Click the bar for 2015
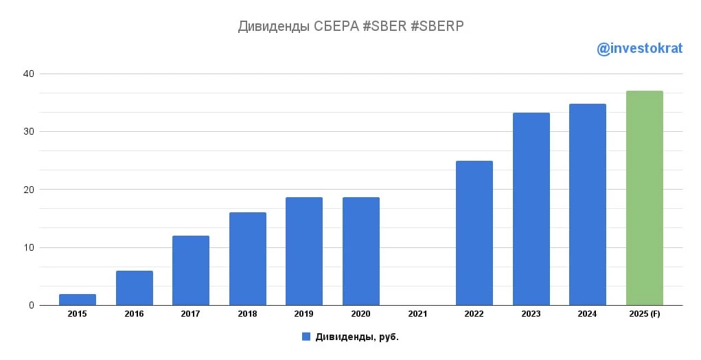[78, 300]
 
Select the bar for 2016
[135, 288]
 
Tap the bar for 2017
[191, 271]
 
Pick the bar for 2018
[248, 259]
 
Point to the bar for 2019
[304, 251]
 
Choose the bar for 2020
[361, 251]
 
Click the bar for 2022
[474, 233]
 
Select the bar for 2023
[531, 209]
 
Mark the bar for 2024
[588, 205]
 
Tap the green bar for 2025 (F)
[645, 198]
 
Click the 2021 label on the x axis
[417, 314]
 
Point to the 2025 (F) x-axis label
[645, 314]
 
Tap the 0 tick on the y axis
[31, 305]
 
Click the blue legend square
[306, 337]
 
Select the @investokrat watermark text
[640, 49]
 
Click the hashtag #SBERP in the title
[437, 26]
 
